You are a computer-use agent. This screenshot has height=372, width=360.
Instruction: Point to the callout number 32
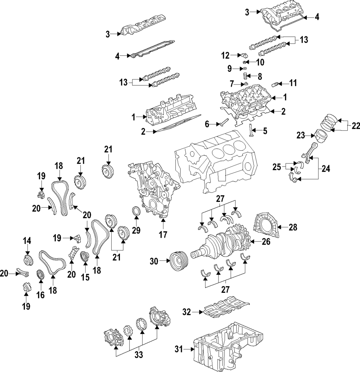pos(187,312)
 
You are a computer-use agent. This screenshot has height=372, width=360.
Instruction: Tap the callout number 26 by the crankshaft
pos(266,241)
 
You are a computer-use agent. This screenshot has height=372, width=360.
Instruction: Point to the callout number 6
pos(207,124)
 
